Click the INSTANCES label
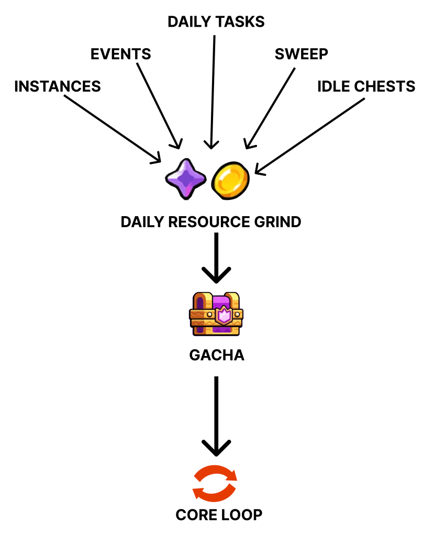58,86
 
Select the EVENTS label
121,54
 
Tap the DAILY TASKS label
216,22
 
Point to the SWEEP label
302,54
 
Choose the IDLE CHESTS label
366,86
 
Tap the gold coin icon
231,179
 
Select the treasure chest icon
216,314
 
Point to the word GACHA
216,355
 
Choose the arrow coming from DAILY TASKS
213,89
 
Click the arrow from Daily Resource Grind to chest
216,256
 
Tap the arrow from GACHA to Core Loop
216,414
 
